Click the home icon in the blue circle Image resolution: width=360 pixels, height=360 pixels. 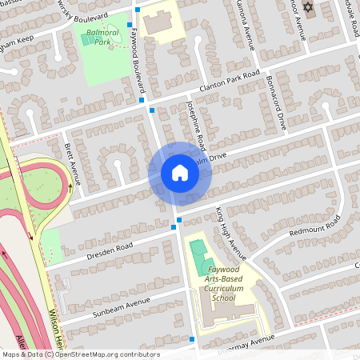click(179, 173)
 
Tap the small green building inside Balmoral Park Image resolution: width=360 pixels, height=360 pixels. click(86, 39)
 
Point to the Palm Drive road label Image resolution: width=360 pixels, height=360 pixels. click(218, 163)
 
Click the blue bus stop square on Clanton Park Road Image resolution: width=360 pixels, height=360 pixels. click(142, 101)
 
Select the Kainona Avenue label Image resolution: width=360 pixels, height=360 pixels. click(245, 24)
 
